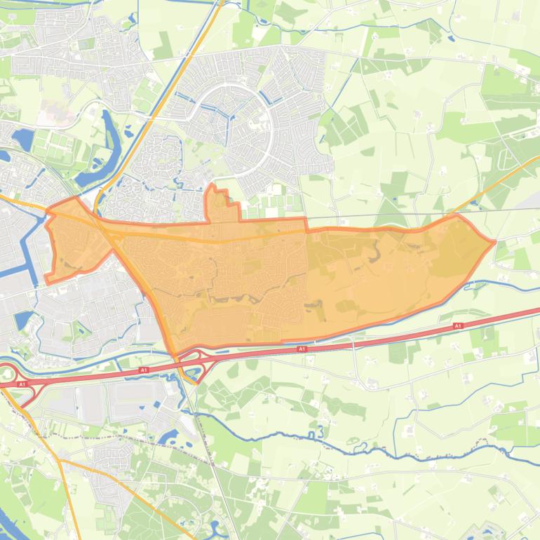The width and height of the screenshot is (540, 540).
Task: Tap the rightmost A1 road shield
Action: pos(458,326)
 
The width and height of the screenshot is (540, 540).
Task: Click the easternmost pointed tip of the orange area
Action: pos(494,242)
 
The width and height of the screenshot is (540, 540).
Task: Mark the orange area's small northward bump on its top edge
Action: pos(219,200)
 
